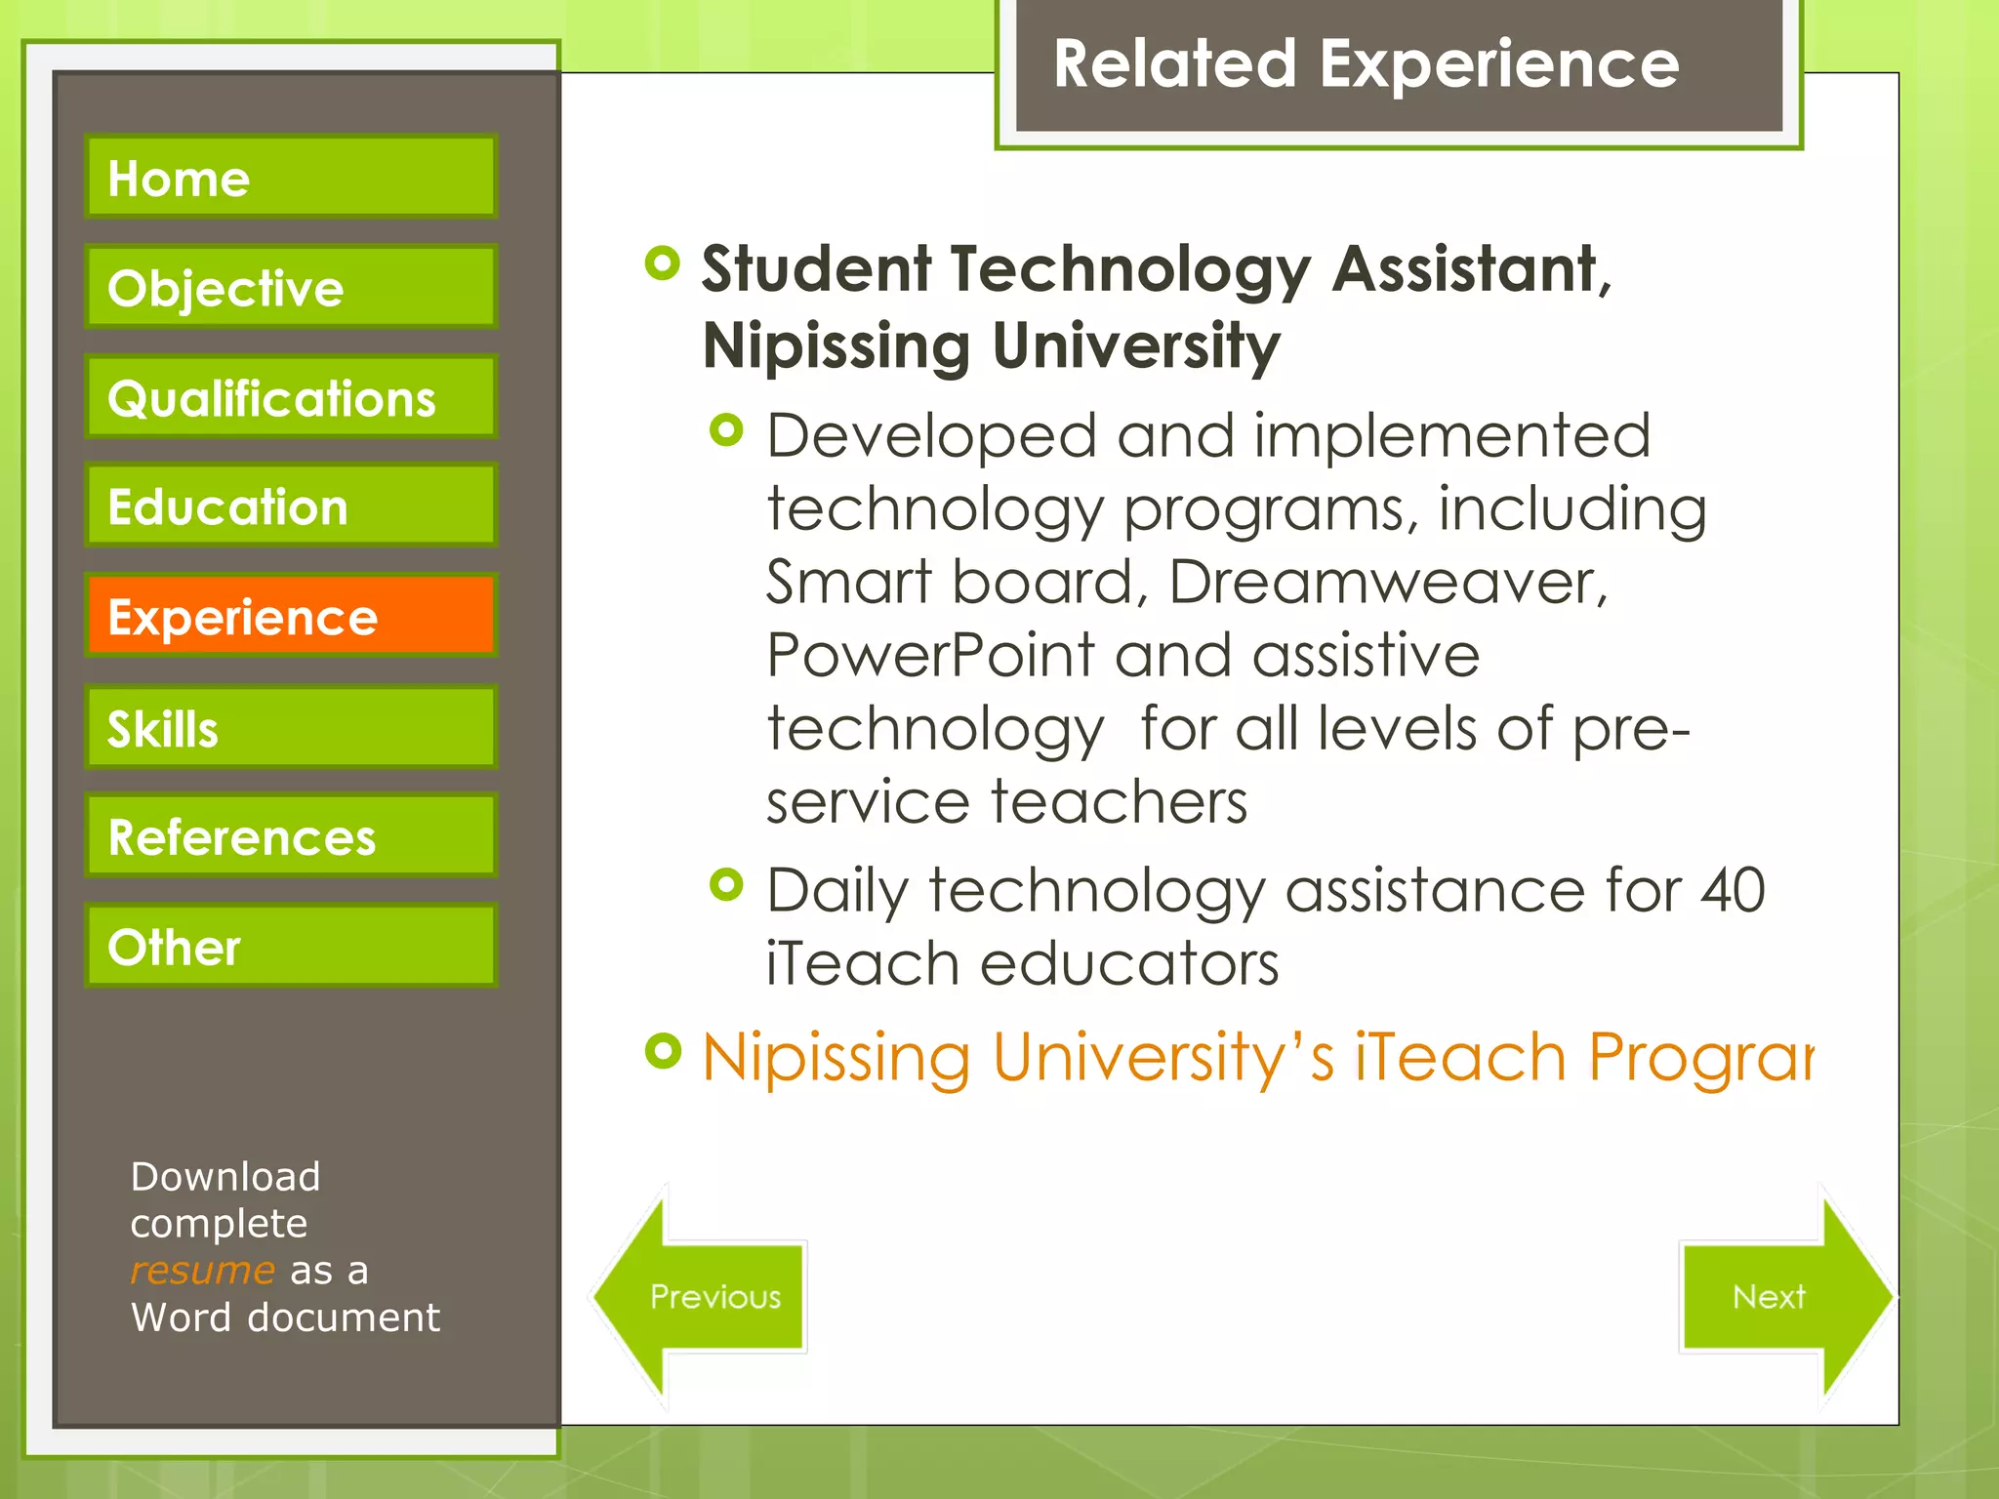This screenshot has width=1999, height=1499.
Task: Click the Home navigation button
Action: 291,177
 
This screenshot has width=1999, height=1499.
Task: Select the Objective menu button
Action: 291,287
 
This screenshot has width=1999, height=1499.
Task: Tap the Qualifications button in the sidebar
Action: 291,397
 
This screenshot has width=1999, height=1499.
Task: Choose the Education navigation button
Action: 291,506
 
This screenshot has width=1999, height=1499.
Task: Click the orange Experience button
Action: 291,616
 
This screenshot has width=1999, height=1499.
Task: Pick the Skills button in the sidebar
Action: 291,728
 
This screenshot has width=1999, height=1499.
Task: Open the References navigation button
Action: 291,836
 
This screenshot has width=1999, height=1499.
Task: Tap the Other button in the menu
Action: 291,946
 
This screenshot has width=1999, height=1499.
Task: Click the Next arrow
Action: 1776,1296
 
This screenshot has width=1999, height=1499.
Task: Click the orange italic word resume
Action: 202,1270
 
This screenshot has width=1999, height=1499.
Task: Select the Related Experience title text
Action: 1366,64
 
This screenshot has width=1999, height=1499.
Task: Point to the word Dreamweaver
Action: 1387,583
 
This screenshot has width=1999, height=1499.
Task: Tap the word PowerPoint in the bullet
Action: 929,655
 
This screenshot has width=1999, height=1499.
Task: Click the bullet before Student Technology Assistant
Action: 663,263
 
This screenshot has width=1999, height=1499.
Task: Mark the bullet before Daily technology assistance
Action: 726,885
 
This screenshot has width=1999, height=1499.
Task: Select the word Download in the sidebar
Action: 225,1177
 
